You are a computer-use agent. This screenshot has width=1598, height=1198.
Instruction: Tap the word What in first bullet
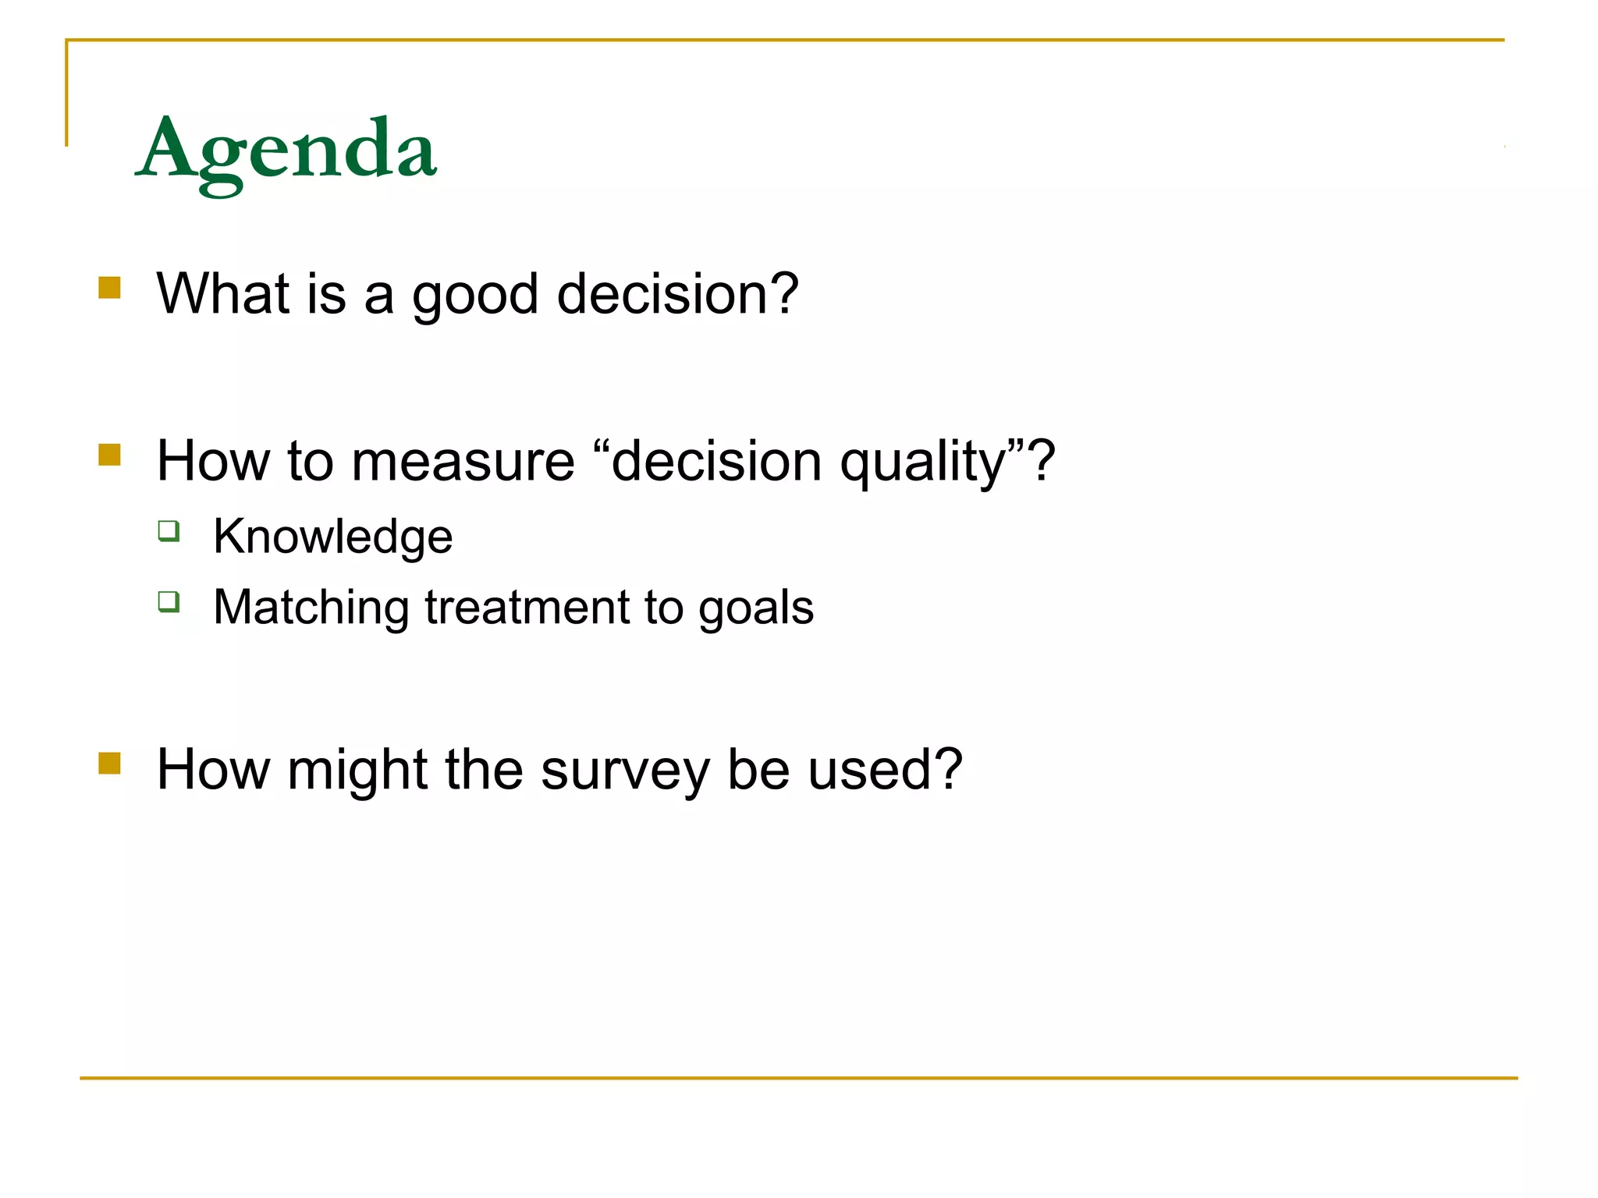(x=223, y=294)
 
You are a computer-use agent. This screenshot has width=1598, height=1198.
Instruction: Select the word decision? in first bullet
(x=677, y=294)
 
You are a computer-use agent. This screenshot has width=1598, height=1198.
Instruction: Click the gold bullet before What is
(x=110, y=288)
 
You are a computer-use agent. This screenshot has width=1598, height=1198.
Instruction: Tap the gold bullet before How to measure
(x=110, y=455)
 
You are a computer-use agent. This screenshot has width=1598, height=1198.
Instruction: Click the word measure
(x=463, y=462)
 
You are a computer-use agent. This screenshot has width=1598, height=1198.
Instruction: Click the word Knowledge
(x=333, y=537)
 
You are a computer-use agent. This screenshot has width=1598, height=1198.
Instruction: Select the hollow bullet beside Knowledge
(x=169, y=531)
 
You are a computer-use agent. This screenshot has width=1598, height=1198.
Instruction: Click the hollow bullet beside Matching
(x=169, y=601)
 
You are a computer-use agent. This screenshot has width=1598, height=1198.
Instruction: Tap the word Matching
(x=311, y=608)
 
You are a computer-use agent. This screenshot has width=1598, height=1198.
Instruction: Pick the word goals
(x=755, y=608)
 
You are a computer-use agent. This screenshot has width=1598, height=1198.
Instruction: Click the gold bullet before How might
(x=110, y=763)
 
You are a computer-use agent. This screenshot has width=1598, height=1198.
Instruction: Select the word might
(x=357, y=771)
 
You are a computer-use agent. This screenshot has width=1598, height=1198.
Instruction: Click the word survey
(x=625, y=771)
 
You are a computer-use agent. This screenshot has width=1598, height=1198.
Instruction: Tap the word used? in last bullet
(x=885, y=770)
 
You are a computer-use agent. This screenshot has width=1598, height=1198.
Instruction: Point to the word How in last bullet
(x=212, y=770)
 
